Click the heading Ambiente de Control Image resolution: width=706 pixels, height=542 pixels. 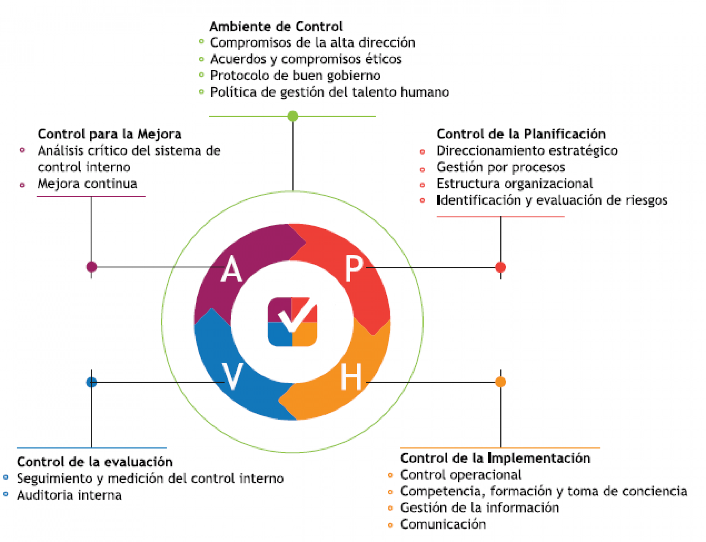[276, 26]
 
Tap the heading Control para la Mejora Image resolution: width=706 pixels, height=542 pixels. [110, 134]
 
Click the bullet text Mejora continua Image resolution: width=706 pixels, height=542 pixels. [87, 184]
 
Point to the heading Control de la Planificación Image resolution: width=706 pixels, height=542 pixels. [521, 134]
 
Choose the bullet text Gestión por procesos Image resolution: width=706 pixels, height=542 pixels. [501, 167]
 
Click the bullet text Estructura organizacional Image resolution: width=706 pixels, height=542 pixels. [515, 184]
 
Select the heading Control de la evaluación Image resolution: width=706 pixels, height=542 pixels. [95, 462]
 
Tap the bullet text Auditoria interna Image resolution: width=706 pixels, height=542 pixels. [69, 495]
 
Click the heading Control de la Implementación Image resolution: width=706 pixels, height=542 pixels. [495, 458]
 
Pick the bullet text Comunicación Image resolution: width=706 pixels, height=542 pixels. [442, 524]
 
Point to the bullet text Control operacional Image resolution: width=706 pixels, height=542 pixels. [461, 475]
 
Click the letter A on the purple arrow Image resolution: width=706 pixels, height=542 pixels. [231, 269]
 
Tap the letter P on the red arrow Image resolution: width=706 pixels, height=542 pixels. [354, 268]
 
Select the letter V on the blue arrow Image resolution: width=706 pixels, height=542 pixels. [232, 376]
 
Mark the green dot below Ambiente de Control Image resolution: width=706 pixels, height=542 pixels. [293, 116]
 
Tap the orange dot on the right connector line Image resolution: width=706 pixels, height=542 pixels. [500, 382]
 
